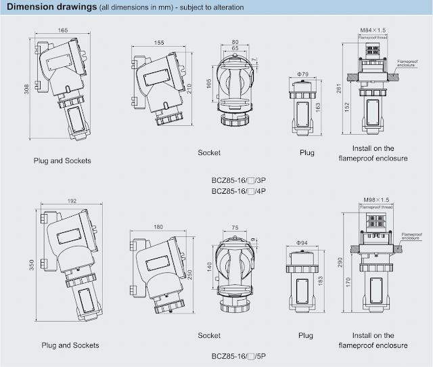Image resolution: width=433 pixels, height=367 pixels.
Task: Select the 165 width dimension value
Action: (62, 30)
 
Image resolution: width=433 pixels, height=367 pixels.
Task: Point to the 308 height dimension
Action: (26, 91)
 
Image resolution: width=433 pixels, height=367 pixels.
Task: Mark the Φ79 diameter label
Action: (303, 73)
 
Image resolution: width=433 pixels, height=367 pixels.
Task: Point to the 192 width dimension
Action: (72, 201)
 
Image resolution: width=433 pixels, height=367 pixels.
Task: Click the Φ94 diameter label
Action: (303, 242)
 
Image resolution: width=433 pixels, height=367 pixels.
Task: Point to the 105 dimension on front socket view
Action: (210, 83)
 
